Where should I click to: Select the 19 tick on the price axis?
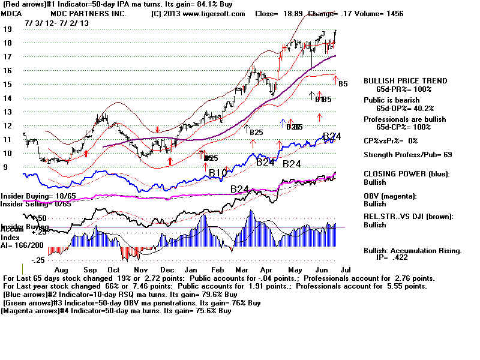[x=7, y=29]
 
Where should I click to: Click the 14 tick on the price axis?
[x=7, y=98]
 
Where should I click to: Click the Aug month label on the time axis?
[x=61, y=271]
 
